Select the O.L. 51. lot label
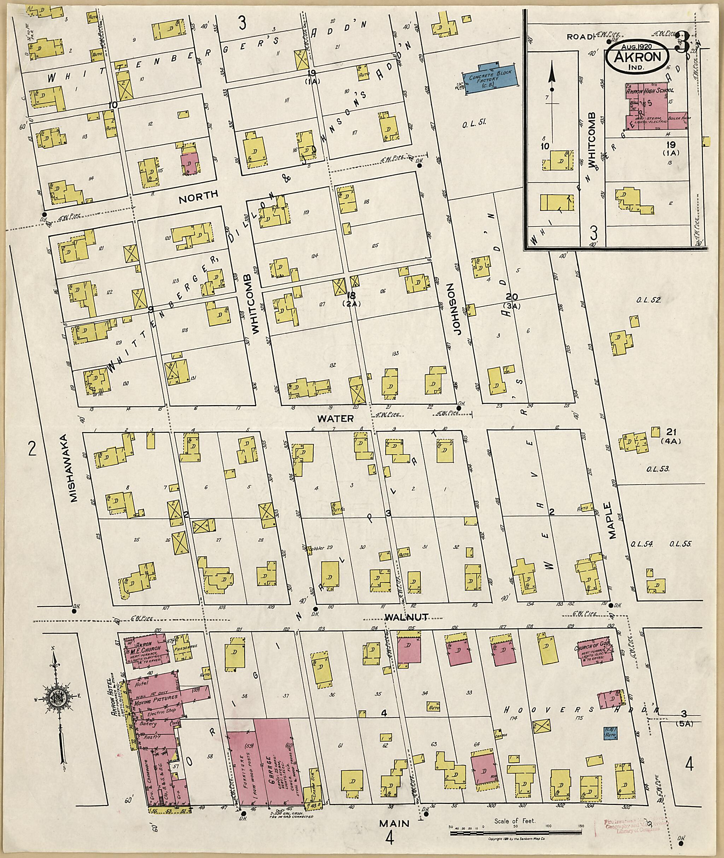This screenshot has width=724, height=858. pyautogui.click(x=475, y=122)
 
